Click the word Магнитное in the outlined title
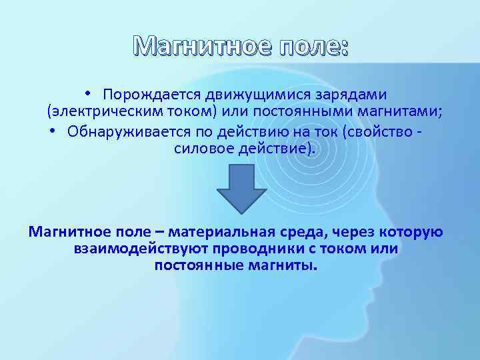[x=188, y=46]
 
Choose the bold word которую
[x=411, y=232]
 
